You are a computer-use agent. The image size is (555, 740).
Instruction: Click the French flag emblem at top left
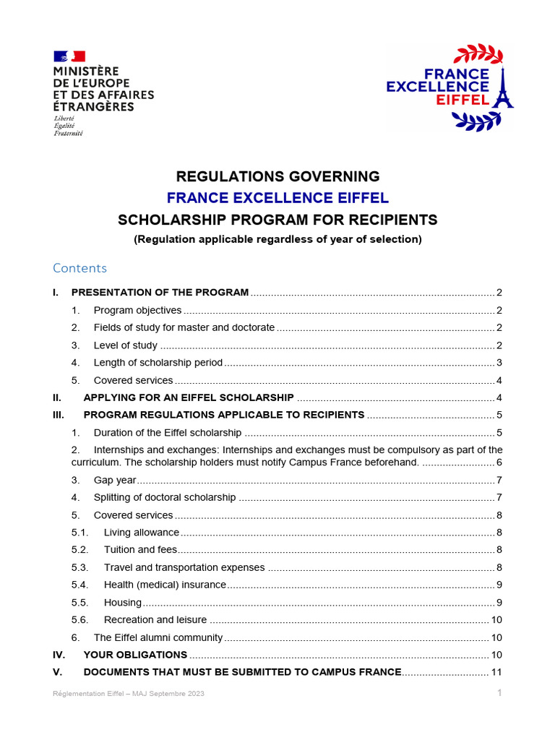(x=69, y=56)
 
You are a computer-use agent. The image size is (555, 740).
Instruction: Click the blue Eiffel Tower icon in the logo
(x=502, y=89)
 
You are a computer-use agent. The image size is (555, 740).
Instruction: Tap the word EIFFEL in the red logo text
(x=463, y=100)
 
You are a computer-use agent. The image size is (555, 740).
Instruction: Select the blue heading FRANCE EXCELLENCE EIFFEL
(x=277, y=198)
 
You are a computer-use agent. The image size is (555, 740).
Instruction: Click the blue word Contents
(x=79, y=268)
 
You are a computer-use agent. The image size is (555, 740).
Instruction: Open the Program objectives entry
(x=137, y=310)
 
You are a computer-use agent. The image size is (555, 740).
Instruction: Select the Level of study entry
(x=125, y=345)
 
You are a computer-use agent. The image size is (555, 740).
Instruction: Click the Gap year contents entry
(x=115, y=481)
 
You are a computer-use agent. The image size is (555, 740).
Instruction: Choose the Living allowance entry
(x=141, y=533)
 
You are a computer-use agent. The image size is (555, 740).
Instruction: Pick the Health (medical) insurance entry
(x=165, y=585)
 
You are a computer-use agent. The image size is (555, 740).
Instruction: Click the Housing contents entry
(x=123, y=603)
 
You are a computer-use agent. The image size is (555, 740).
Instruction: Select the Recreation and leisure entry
(x=155, y=620)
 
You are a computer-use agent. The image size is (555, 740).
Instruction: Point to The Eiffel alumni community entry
(x=158, y=637)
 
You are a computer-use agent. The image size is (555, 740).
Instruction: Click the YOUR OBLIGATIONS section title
(x=135, y=655)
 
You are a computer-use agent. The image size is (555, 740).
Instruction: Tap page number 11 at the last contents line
(x=496, y=672)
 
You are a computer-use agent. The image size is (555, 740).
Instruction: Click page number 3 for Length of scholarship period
(x=499, y=363)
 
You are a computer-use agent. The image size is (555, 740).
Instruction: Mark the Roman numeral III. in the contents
(x=59, y=415)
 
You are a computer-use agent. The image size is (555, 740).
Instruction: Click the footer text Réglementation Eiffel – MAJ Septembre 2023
(x=129, y=694)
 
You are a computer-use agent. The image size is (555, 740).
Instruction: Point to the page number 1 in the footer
(x=499, y=693)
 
